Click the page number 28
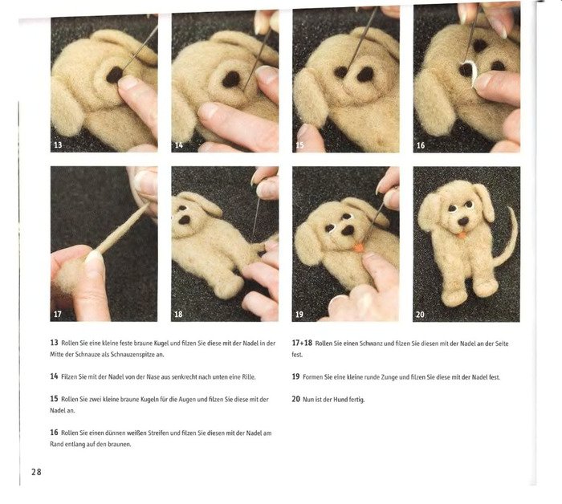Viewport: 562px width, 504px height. tap(36, 472)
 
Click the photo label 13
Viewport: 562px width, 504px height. tap(58, 144)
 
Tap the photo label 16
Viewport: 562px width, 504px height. tap(421, 145)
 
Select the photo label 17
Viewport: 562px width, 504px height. tap(57, 314)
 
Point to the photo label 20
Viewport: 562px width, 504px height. tap(421, 315)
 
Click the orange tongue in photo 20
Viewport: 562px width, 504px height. tap(462, 235)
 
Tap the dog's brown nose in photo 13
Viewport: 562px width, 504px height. tap(114, 75)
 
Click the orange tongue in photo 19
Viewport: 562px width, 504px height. tap(358, 247)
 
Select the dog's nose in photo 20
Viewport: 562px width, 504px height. tap(463, 221)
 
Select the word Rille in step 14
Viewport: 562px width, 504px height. tap(249, 377)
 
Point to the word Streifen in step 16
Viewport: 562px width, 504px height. tap(158, 433)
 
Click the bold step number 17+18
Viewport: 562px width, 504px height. tap(302, 343)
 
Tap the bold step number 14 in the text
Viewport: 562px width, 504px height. tap(54, 376)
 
